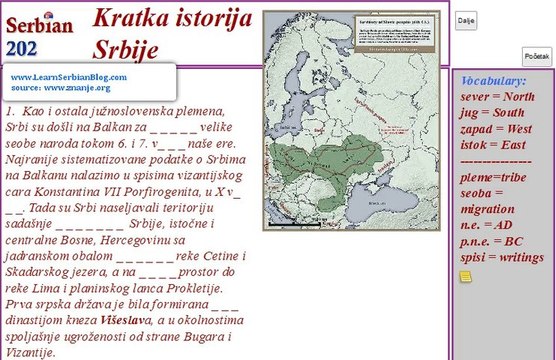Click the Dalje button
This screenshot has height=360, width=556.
pos(466,20)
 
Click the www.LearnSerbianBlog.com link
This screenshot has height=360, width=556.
pos(69,77)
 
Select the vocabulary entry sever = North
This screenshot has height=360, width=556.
pos(497,97)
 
